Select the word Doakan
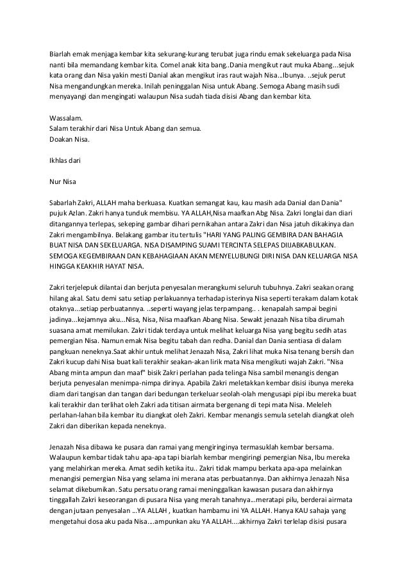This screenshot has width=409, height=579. pos(63,139)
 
